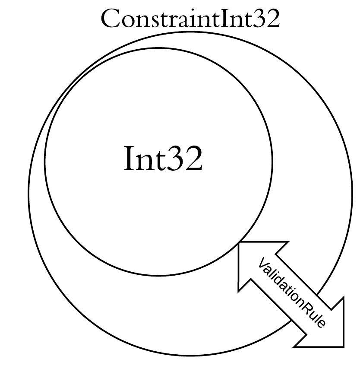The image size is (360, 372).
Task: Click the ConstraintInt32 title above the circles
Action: click(190, 19)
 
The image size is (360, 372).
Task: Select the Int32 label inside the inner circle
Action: click(163, 158)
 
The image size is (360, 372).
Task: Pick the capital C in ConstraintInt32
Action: click(109, 19)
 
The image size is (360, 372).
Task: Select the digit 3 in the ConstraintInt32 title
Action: click(259, 19)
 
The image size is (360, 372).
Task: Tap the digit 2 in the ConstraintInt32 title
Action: click(273, 19)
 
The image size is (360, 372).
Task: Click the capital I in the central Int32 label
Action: click(129, 158)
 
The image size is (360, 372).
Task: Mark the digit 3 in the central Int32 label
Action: click(175, 158)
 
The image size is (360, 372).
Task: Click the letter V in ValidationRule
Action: click(262, 264)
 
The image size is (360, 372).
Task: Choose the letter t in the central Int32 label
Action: click(160, 160)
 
